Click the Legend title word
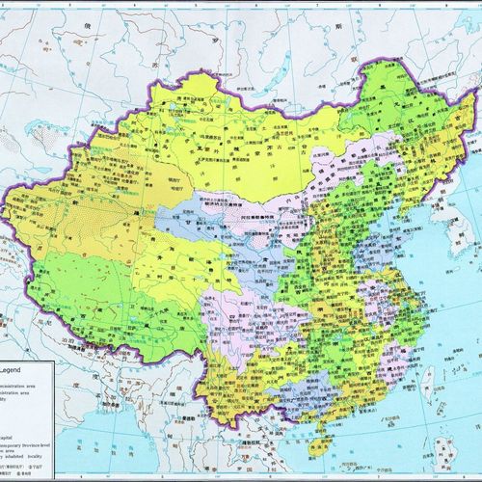click(x=20, y=369)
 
